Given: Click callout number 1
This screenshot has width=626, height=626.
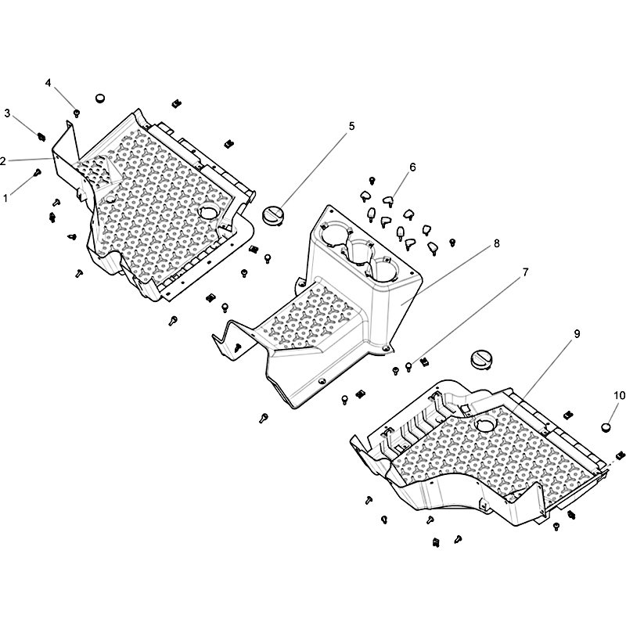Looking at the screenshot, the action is pos(5,198).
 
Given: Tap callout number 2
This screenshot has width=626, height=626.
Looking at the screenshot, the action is pos(3,161).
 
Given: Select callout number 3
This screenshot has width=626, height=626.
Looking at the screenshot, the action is pos(7,113).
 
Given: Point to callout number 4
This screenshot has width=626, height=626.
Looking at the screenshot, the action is pos(48,83).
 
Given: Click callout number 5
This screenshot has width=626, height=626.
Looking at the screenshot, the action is pos(351,126).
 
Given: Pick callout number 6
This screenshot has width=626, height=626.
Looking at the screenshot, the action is pos(412,167).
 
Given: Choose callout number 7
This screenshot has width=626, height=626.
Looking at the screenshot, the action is pos(525,272).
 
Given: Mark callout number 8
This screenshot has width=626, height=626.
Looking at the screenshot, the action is pos(497,243).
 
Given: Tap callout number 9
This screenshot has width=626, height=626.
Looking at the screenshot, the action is pos(577,334).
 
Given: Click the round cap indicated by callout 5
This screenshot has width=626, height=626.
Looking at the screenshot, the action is pos(272,214).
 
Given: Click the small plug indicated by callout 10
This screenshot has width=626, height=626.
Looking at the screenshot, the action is pos(606,427).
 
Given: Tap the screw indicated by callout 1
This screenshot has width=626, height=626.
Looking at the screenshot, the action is pos(38,172).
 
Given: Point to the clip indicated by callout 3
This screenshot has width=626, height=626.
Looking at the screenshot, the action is pos(41,137).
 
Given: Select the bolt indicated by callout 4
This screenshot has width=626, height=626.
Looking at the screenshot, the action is pos(77,113).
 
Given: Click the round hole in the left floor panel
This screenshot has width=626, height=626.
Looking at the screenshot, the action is pos(209,210).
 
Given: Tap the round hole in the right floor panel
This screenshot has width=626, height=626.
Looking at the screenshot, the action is pos(485,423).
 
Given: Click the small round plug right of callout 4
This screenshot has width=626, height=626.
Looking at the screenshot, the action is pos(100,99).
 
